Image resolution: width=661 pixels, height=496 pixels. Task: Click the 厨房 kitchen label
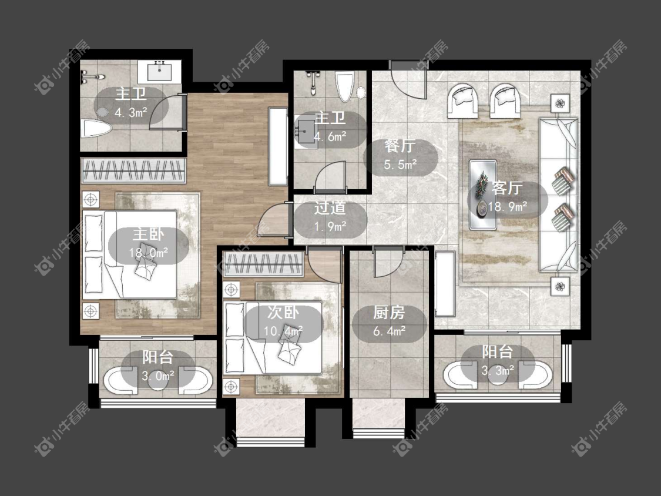(389, 313)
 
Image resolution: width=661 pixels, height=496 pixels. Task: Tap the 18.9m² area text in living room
(508, 207)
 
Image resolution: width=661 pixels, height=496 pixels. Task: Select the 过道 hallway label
(330, 208)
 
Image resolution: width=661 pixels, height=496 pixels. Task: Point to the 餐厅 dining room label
(400, 146)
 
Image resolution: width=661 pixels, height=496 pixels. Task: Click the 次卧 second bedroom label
(283, 313)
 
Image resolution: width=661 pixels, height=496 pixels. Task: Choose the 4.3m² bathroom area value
(130, 113)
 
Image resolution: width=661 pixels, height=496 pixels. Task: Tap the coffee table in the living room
(483, 195)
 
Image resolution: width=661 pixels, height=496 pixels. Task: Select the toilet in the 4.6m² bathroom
(345, 86)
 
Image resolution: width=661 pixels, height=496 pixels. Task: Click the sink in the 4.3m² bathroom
(160, 70)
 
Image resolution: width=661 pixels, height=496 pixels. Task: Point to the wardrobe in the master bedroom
(133, 170)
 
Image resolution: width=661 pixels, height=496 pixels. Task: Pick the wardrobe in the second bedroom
(263, 264)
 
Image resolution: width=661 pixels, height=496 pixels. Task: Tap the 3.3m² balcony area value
(498, 370)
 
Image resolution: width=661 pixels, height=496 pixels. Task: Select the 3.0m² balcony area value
(158, 376)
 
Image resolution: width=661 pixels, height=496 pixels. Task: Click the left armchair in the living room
(462, 100)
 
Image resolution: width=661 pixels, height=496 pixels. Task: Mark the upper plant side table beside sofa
(560, 104)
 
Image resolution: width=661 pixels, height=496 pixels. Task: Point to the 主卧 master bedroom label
(149, 234)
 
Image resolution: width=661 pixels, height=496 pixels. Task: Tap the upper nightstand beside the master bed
(90, 199)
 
